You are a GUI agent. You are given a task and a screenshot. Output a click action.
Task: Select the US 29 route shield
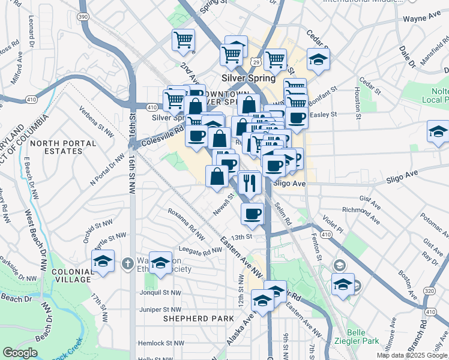(256, 62)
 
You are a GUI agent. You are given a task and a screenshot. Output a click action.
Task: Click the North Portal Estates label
(64, 147)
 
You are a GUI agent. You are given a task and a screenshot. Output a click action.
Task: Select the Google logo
(20, 353)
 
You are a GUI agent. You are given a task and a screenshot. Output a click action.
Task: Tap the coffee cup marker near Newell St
(253, 214)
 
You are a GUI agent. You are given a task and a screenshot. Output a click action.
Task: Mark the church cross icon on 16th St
(127, 263)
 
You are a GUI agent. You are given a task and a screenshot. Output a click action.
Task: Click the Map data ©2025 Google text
(412, 355)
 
